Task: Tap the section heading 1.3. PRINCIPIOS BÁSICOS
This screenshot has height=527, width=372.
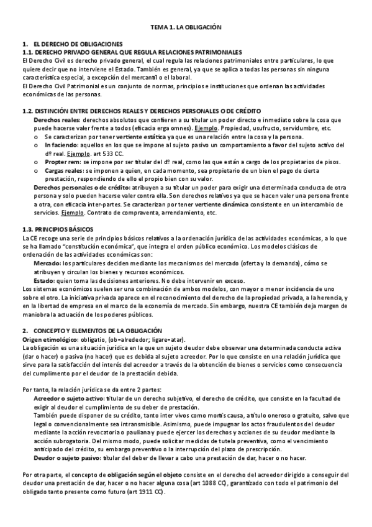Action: click(57, 229)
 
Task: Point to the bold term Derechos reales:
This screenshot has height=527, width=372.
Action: click(57, 119)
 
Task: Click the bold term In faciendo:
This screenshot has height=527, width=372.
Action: click(61, 144)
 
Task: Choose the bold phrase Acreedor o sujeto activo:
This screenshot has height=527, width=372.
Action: click(68, 396)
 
